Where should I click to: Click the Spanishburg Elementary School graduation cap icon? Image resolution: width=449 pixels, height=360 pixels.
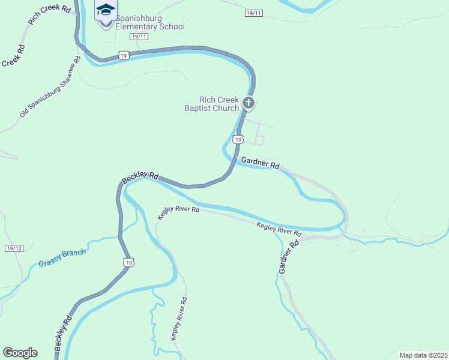pos(106,11)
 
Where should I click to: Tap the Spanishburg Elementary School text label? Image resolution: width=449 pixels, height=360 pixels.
pos(149,22)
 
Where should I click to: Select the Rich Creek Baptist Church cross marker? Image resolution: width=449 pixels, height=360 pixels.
pos(249,104)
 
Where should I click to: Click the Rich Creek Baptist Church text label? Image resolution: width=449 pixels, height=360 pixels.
pos(211,104)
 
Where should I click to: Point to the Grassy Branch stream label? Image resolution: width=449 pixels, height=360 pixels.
pos(62,257)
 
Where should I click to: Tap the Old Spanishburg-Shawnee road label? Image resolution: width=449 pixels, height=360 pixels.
pos(50,88)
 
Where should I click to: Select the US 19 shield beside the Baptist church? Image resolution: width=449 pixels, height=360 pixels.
pos(238,139)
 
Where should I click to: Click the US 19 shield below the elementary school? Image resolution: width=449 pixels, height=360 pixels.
pos(124,55)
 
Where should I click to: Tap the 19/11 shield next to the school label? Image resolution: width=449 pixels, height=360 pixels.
pos(139,37)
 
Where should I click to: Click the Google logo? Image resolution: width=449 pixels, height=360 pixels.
pos(20,352)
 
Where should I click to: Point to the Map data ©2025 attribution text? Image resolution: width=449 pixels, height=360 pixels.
pos(423,355)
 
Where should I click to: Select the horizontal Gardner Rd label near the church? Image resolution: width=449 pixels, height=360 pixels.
pos(261,163)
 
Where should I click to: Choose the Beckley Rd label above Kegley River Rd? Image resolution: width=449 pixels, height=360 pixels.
pos(140,178)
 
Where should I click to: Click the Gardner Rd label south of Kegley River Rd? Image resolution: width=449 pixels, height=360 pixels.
pos(289,258)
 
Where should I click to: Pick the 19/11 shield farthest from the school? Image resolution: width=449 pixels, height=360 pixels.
pos(254,13)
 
